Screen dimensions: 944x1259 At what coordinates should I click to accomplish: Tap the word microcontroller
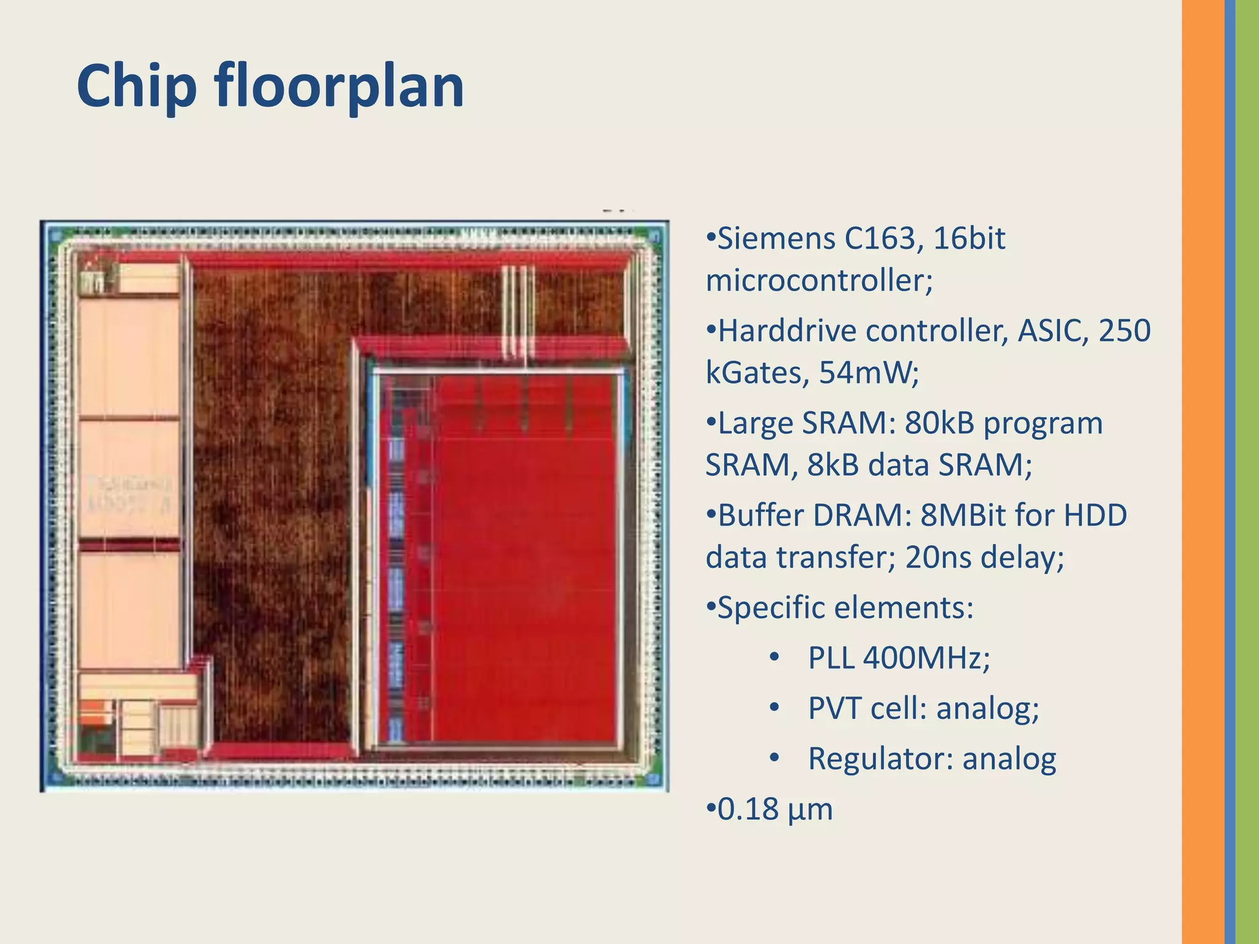point(819,281)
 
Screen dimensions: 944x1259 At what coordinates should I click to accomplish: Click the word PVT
point(834,708)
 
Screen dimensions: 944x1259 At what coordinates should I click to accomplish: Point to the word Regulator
point(880,758)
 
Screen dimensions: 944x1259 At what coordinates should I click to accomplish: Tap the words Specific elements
point(845,607)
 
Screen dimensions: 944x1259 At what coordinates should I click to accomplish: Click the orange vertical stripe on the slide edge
point(1202,472)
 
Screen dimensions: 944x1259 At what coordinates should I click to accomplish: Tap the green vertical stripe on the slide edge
point(1247,472)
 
